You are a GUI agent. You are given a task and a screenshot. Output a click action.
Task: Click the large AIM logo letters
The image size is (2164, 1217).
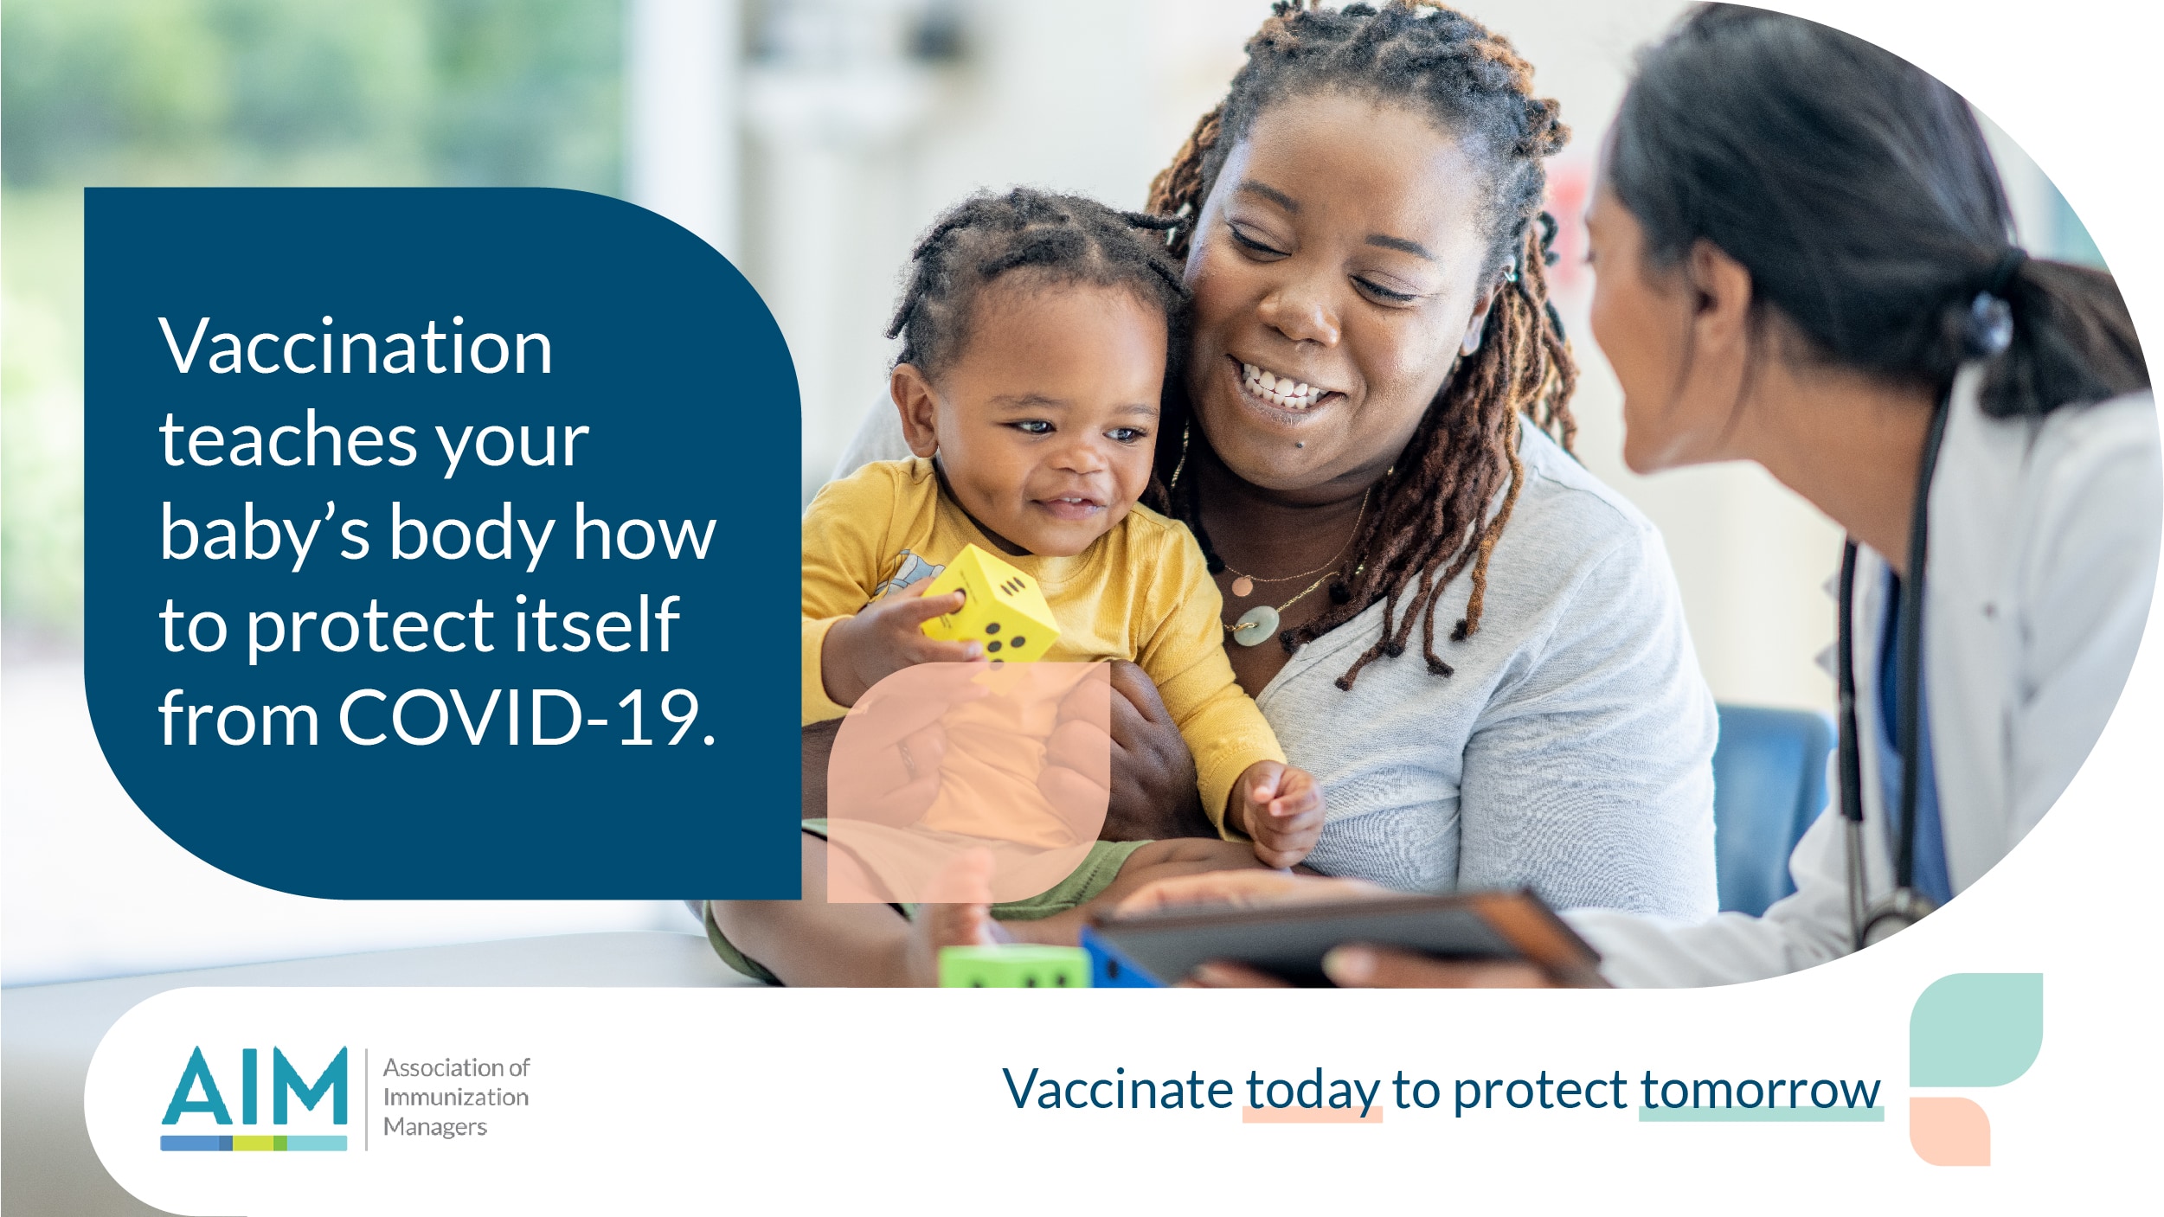[x=254, y=1086]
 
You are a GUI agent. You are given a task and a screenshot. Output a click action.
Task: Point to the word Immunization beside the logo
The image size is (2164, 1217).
[x=456, y=1097]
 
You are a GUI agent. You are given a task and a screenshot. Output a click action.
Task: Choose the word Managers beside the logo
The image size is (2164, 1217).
[x=435, y=1127]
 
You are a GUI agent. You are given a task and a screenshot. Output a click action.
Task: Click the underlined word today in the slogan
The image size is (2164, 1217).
[x=1312, y=1090]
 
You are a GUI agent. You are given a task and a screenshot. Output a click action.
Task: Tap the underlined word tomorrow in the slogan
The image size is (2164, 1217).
[x=1760, y=1090]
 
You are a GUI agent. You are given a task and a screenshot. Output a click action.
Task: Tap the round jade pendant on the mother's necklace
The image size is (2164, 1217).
[x=1255, y=625]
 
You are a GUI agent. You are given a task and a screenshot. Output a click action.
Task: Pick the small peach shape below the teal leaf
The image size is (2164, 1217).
[x=1949, y=1131]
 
